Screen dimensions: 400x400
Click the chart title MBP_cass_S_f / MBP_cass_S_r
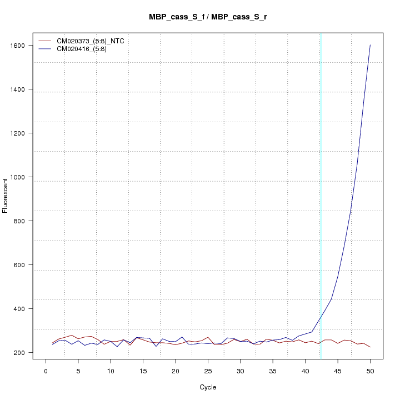208,17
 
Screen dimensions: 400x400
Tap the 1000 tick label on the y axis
22,177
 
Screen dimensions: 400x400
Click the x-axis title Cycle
208,387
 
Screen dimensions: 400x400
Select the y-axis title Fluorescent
6,195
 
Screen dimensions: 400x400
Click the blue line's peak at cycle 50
370,45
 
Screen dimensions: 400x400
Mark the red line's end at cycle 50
370,347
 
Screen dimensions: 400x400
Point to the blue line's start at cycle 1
52,344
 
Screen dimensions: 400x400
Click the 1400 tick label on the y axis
22,89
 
